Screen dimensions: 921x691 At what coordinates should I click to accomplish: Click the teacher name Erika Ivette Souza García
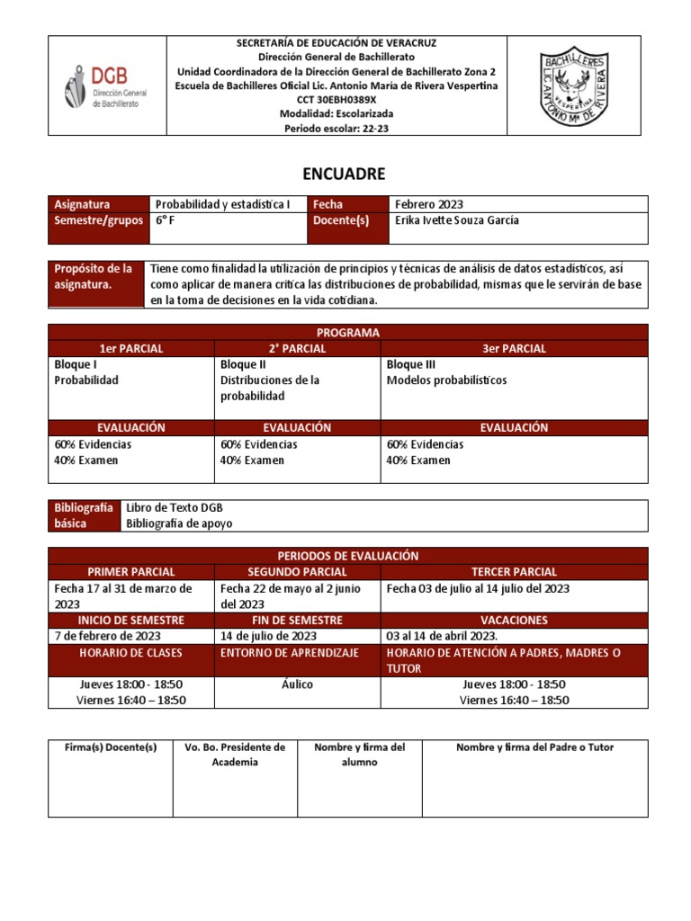[x=457, y=220]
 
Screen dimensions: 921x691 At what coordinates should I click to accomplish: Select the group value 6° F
[x=166, y=220]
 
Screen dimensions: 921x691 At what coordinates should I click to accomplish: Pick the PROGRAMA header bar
[x=348, y=332]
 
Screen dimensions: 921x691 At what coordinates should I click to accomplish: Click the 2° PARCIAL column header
[x=297, y=348]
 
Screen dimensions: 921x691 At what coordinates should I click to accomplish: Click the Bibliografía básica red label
[x=84, y=515]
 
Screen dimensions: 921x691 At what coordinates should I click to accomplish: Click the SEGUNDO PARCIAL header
[x=297, y=571]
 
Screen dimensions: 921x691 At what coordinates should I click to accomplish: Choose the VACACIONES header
[x=514, y=620]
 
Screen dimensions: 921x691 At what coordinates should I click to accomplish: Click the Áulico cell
[x=297, y=684]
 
